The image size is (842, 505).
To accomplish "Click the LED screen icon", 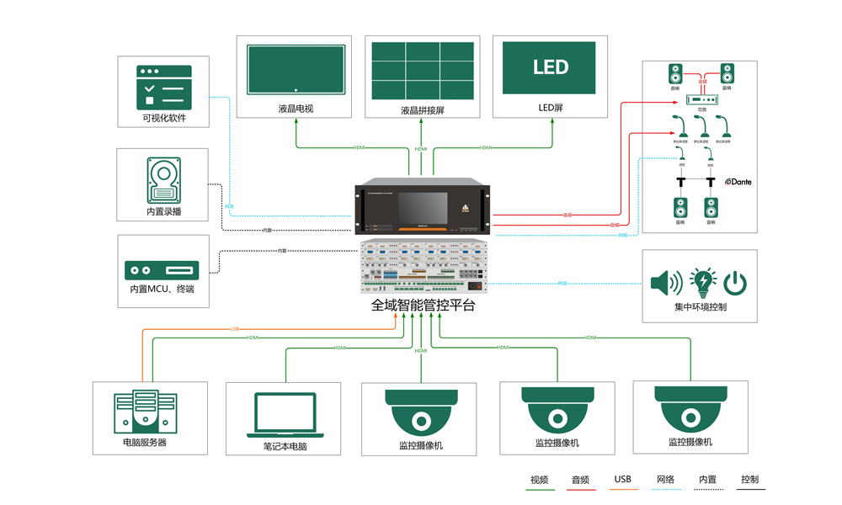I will click(549, 68).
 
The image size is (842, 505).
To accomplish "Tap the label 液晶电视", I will click(296, 109).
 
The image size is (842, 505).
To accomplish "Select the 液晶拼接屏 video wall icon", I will click(423, 69).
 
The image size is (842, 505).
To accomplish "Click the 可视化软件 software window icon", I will click(164, 88).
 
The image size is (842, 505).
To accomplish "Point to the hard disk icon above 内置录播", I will click(163, 180).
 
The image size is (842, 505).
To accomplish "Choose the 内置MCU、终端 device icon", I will click(162, 270).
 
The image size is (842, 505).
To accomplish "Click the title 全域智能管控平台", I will click(423, 306).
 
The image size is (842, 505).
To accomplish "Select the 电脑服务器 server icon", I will click(146, 412).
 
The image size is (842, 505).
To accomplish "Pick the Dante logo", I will click(738, 182).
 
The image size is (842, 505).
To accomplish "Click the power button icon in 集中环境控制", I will click(735, 283).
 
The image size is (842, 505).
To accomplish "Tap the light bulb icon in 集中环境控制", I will click(701, 282).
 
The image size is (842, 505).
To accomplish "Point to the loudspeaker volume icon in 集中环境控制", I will click(666, 283).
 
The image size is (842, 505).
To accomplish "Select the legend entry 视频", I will click(540, 480).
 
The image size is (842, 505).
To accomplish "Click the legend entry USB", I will click(623, 480).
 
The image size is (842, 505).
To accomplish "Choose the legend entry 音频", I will click(581, 480).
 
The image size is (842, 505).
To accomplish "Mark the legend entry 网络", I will click(665, 480).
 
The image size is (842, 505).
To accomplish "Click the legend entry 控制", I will click(749, 480).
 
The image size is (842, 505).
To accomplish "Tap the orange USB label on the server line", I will click(234, 329).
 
